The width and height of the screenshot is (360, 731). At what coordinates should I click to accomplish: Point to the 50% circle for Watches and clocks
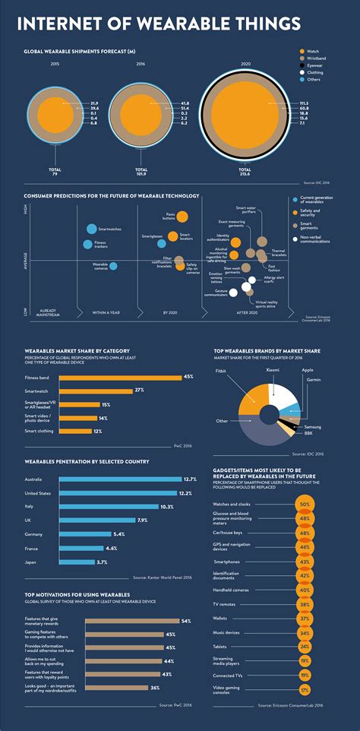point(305,504)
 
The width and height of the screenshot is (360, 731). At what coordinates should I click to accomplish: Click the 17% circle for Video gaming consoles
point(305,690)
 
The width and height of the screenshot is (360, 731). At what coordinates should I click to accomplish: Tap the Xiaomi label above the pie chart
point(271,369)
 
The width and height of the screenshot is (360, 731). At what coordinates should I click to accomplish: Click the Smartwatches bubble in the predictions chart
point(92,229)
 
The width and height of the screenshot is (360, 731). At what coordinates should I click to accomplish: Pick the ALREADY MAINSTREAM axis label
point(48,312)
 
